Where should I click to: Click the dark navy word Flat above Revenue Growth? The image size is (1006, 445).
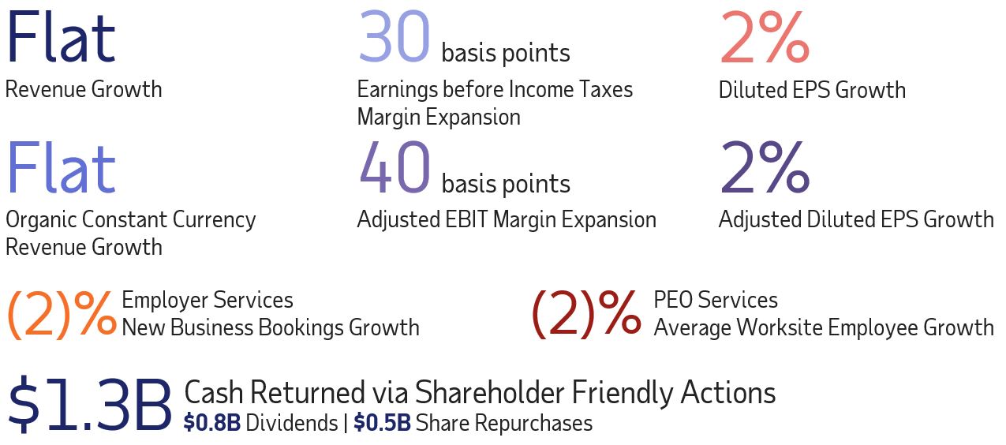click(62, 37)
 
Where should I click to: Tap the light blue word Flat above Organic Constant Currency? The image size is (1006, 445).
click(62, 167)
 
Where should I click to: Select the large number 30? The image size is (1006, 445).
click(395, 37)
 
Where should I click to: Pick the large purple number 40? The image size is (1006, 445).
click(395, 167)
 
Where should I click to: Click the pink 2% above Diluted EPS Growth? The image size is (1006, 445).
click(765, 37)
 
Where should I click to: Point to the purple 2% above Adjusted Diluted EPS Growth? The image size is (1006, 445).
click(765, 167)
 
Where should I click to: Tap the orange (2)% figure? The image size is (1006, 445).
click(62, 313)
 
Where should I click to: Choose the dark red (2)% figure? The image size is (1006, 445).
click(586, 313)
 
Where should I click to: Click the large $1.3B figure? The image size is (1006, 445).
click(90, 405)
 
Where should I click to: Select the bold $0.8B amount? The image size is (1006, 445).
click(212, 423)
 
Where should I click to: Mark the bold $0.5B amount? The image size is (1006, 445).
click(382, 423)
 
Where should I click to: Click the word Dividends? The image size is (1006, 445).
click(292, 423)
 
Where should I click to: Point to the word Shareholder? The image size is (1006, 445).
click(489, 392)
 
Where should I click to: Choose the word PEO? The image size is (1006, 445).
click(673, 300)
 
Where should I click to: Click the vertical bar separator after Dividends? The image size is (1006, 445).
click(346, 424)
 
